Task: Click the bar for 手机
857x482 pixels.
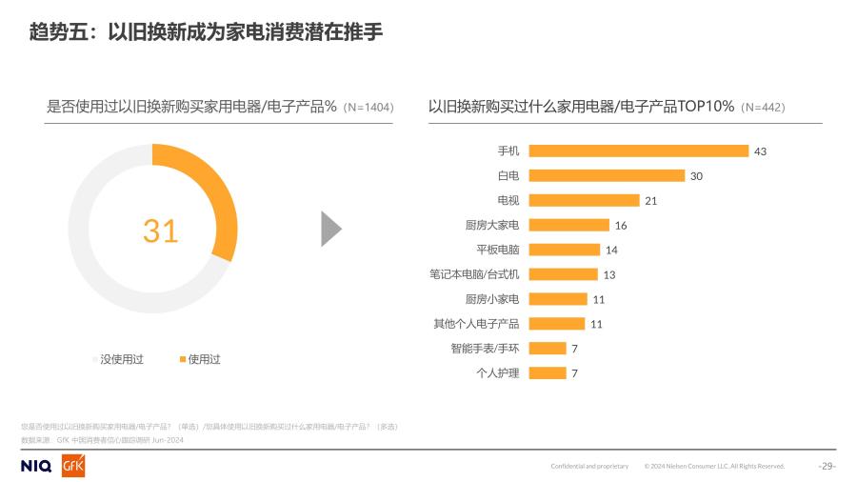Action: [x=638, y=151]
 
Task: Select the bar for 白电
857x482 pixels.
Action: [x=607, y=175]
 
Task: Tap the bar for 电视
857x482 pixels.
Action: [x=584, y=200]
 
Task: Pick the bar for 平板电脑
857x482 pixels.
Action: [x=564, y=250]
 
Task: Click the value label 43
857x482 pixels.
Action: [x=760, y=151]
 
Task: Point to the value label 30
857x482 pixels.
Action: [x=696, y=176]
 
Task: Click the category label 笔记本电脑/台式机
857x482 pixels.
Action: [x=475, y=274]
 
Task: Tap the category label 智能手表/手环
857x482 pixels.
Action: [x=486, y=349]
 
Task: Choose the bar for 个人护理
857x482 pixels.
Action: [x=547, y=373]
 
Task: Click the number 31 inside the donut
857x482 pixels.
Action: [x=160, y=231]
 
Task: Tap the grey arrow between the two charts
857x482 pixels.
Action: [x=330, y=229]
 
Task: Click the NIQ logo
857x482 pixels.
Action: [x=36, y=466]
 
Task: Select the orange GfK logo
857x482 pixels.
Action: [x=73, y=466]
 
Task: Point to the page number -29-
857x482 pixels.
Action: [x=827, y=466]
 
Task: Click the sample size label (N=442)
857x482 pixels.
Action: [x=763, y=107]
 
